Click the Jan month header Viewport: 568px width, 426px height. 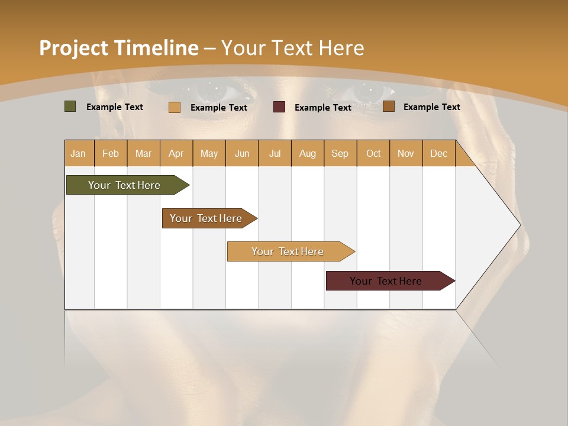[79, 153]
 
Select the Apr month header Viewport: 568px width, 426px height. [176, 153]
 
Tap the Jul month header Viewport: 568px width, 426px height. [275, 153]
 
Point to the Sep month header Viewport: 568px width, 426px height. [340, 153]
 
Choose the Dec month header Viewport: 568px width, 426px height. [438, 153]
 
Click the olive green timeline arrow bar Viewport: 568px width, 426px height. [124, 185]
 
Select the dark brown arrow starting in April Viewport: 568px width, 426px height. [206, 218]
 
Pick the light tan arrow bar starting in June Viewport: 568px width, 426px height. [288, 251]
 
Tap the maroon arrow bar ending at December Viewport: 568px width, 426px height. [386, 281]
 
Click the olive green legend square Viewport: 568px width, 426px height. [70, 106]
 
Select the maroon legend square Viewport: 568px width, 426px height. [279, 107]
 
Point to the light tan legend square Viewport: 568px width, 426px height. [175, 107]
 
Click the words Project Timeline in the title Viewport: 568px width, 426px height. [118, 48]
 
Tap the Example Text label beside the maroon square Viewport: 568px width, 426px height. [322, 108]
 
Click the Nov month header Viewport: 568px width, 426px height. [406, 153]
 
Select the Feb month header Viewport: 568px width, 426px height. [111, 153]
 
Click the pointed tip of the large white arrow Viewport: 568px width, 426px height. [519, 224]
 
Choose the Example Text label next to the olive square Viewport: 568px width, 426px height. [114, 107]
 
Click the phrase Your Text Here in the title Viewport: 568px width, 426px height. [293, 48]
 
